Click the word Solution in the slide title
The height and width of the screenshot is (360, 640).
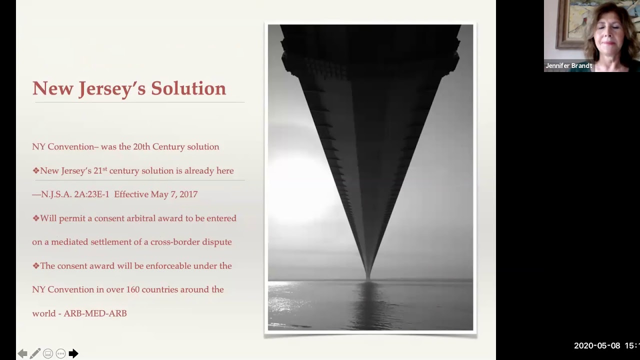[x=188, y=88]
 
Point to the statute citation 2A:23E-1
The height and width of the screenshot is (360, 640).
[x=91, y=194]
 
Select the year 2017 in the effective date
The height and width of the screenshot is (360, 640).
[x=188, y=194]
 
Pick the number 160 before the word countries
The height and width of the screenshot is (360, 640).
[x=132, y=289]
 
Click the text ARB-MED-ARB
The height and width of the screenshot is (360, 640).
[x=95, y=313]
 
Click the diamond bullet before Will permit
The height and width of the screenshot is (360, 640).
[x=35, y=218]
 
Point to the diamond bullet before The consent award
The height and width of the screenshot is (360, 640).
[x=35, y=266]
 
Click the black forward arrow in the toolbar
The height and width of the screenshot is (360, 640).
[x=73, y=353]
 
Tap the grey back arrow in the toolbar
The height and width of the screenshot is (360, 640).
[x=22, y=353]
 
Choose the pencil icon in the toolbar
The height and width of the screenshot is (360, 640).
[x=35, y=353]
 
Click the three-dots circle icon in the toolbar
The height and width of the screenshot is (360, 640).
[x=60, y=353]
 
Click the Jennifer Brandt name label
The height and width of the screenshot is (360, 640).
[x=568, y=65]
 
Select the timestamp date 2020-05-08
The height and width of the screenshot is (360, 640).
[x=597, y=345]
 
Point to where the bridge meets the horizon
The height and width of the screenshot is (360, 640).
[x=367, y=279]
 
